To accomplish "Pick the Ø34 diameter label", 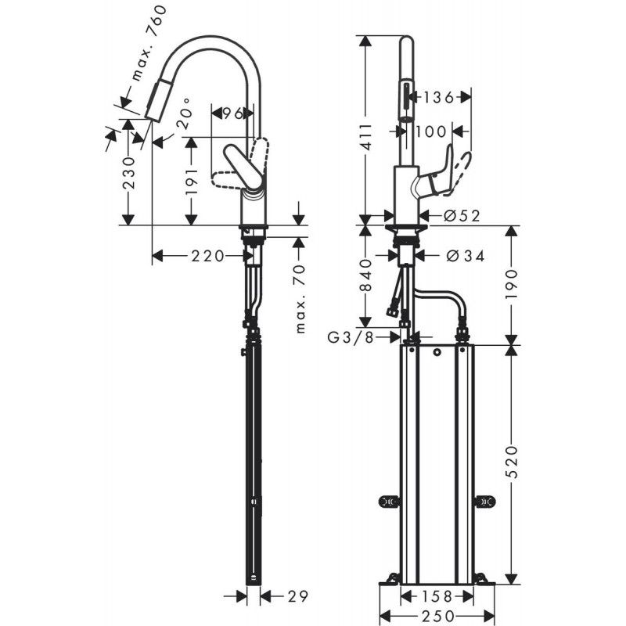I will pos(464,255).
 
